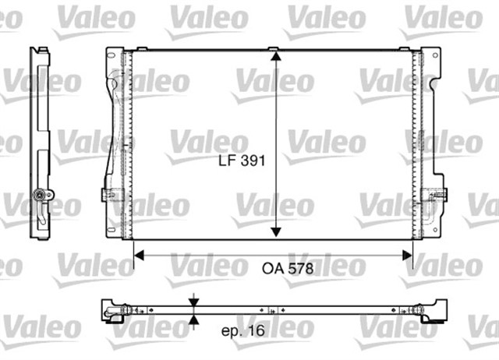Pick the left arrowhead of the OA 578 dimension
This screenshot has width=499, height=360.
(140, 253)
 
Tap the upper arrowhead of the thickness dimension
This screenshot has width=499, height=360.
(193, 302)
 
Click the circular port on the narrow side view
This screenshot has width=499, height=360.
(41, 195)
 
